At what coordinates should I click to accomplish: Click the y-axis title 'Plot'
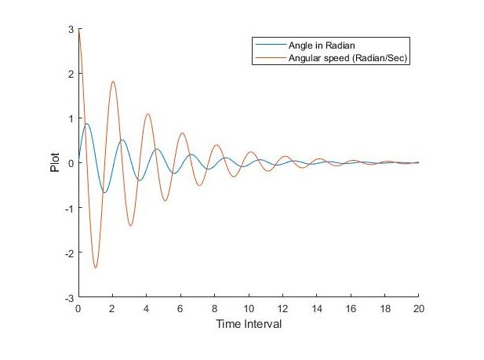(56, 163)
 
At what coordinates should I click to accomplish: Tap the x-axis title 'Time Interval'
(248, 324)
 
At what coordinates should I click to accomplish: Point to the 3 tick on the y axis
(71, 29)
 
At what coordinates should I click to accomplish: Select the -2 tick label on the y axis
(68, 253)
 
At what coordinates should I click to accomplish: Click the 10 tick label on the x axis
(248, 309)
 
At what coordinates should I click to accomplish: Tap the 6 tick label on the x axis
(180, 309)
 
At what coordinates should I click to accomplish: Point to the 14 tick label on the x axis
(316, 309)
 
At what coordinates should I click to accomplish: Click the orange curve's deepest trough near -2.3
(96, 268)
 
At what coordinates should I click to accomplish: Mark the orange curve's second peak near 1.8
(113, 81)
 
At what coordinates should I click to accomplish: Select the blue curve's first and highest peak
(86, 123)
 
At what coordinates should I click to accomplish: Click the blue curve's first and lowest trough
(104, 192)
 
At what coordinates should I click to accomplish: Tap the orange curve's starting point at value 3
(78, 29)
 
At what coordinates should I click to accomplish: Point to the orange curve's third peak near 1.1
(147, 114)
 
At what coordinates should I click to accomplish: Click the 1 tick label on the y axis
(71, 118)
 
